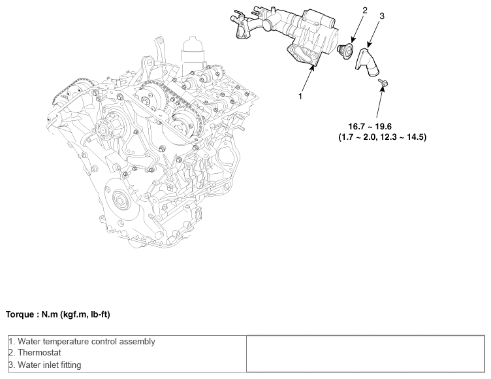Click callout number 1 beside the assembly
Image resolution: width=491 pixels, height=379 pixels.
(300, 96)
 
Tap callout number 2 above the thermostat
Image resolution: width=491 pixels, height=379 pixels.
(364, 10)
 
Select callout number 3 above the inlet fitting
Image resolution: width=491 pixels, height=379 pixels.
(382, 16)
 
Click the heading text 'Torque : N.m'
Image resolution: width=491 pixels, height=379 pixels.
(57, 314)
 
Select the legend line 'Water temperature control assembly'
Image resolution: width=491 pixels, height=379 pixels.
(82, 341)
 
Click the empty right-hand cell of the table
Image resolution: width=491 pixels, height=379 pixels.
(365, 354)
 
